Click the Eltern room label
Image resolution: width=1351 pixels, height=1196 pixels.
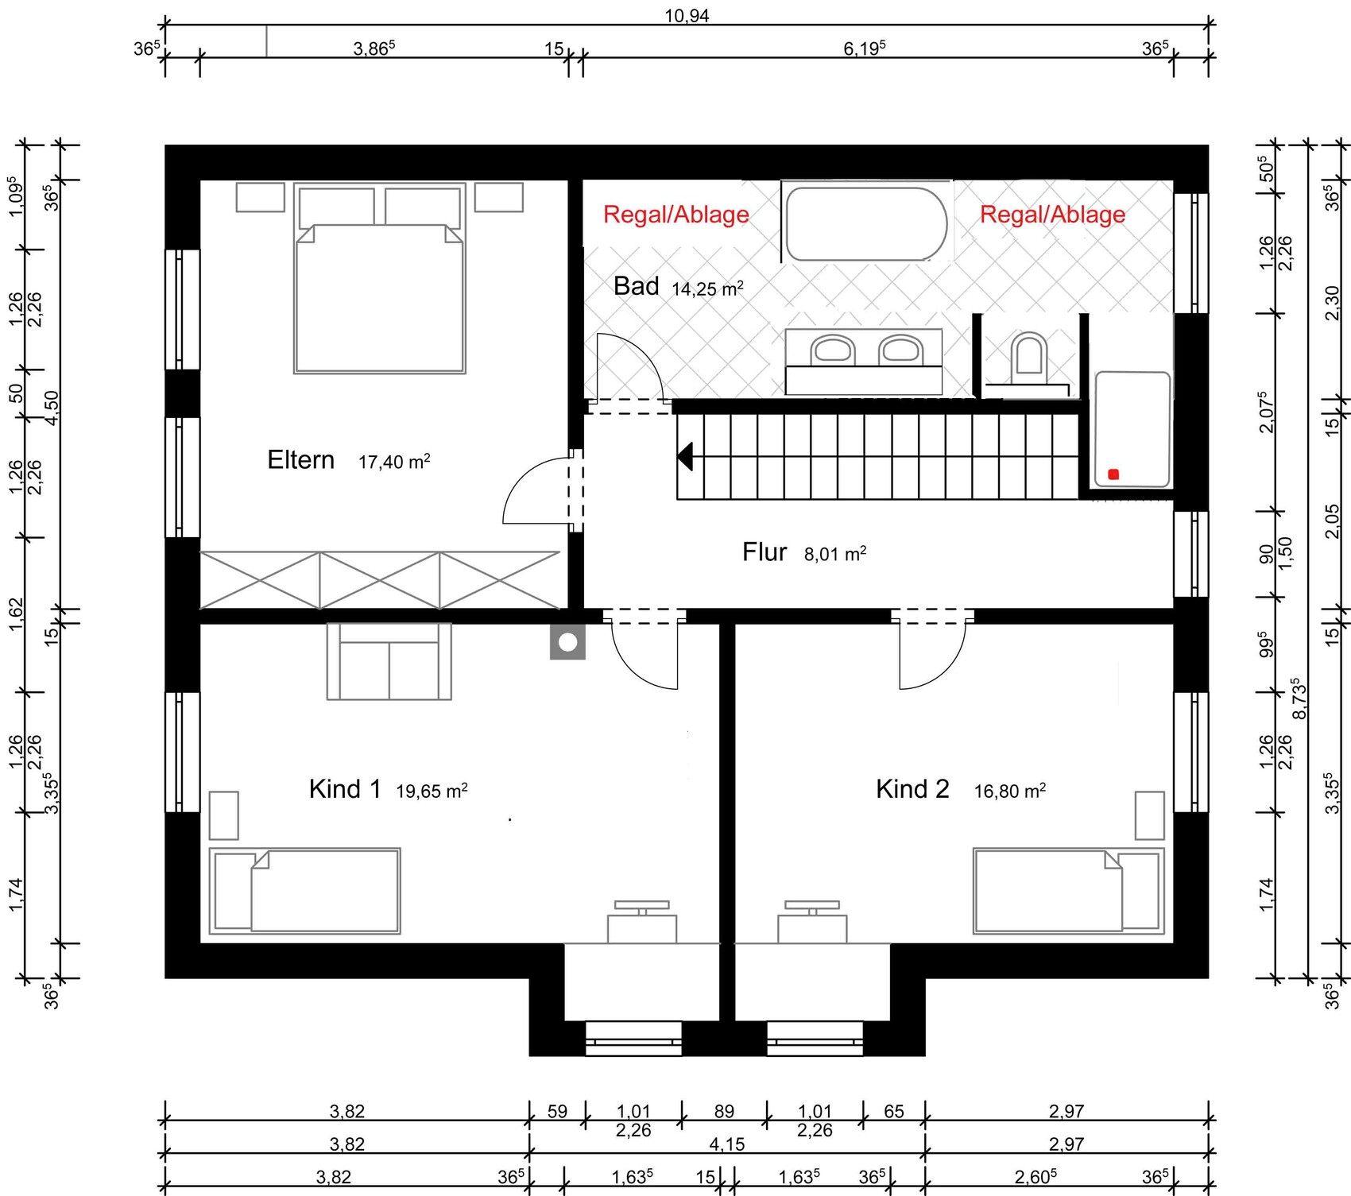click(300, 460)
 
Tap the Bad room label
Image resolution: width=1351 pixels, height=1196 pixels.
click(637, 286)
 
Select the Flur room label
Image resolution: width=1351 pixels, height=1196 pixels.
click(765, 552)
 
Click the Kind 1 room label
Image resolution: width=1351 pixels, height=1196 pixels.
click(345, 789)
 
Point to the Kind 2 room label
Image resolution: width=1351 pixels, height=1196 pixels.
click(912, 789)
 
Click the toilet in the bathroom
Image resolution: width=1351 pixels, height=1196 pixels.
click(1029, 353)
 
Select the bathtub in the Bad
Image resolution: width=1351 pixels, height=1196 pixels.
click(866, 224)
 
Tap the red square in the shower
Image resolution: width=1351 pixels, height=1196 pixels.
click(1113, 474)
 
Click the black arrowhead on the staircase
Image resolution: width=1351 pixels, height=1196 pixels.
click(684, 457)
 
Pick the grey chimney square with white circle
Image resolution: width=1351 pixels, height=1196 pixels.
click(567, 642)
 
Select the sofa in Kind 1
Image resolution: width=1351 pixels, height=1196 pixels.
click(389, 661)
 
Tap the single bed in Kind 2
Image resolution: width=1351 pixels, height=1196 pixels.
click(1068, 891)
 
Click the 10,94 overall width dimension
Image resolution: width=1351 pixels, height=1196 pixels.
click(687, 16)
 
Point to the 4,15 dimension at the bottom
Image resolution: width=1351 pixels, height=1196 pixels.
click(727, 1144)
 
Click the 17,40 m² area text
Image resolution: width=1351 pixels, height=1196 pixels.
click(394, 461)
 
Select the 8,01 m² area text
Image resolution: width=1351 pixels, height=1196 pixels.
click(835, 553)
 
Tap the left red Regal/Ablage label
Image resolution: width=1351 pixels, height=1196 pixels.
click(676, 215)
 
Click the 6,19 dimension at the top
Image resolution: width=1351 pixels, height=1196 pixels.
click(865, 48)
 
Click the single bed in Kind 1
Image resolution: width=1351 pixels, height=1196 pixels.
click(304, 891)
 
